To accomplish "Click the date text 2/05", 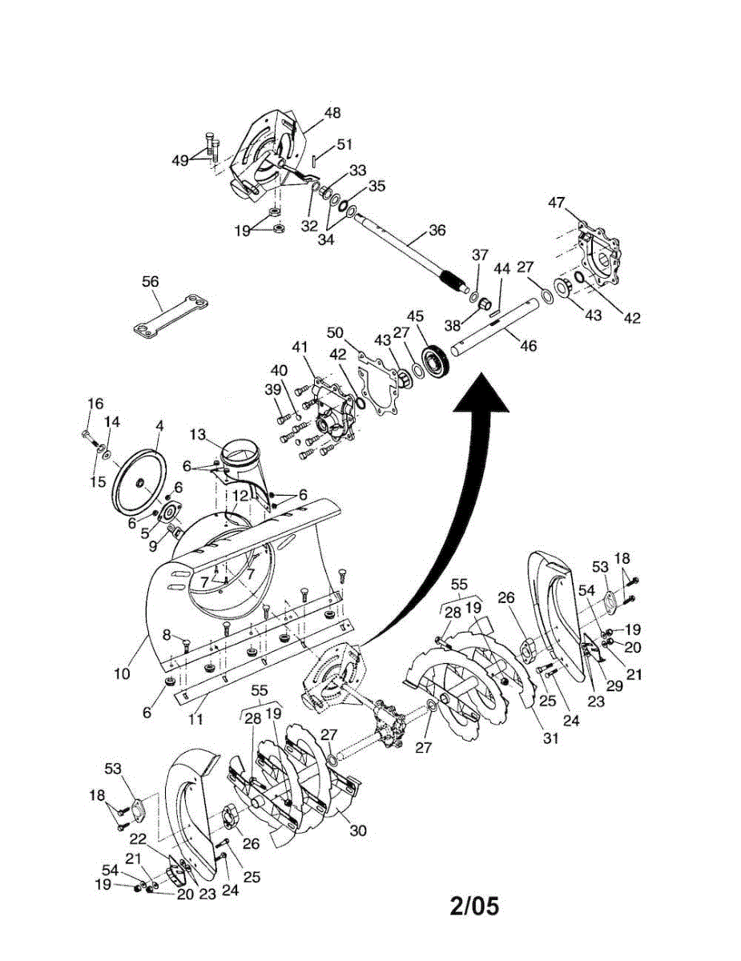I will point(474,906).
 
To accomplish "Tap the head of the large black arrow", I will point(482,398).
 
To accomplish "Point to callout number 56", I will point(150,281).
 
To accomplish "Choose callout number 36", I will point(437,230).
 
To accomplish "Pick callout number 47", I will point(557,203).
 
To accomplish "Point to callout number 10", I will point(122,674).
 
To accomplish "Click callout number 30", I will point(358,830).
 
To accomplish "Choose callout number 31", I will point(550,738).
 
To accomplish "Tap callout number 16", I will point(95,403).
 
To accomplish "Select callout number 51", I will point(344,144).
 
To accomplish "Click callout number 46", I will point(528,346).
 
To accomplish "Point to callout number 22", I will point(137,838).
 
